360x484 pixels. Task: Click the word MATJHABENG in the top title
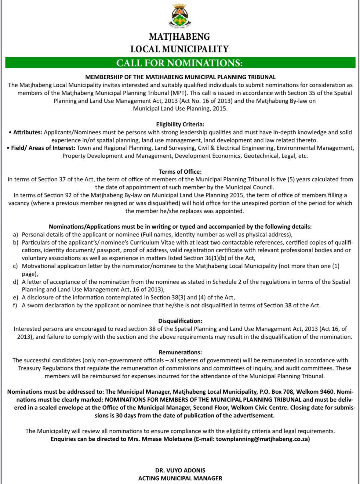coord(180,37)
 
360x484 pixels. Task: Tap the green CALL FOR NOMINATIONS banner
coord(180,63)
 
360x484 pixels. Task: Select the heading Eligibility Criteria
coord(180,125)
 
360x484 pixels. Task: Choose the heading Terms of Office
coord(180,172)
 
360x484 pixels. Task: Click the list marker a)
coord(16,235)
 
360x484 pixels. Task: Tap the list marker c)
coord(16,266)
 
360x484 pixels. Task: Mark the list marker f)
coord(15,305)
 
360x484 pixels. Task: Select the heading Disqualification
coord(180,321)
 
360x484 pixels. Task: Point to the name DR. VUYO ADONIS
coord(180,470)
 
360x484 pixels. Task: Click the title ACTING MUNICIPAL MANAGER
coord(180,478)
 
